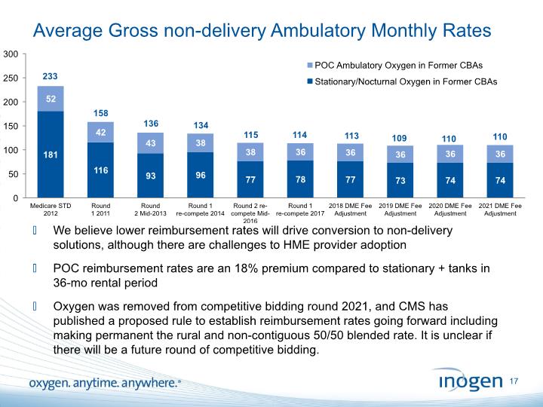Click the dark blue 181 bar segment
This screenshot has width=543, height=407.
point(50,155)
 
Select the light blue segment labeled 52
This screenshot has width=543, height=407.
point(50,99)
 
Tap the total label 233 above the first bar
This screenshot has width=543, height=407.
point(50,77)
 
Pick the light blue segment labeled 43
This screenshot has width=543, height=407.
point(151,143)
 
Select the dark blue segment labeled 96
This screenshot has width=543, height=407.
point(201,175)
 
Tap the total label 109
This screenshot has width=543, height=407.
point(402,137)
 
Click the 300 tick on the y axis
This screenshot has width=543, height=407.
point(11,54)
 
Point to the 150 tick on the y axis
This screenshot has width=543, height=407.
point(11,126)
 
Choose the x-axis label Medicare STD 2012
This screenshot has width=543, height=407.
point(50,209)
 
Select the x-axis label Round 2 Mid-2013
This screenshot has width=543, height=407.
point(151,209)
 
